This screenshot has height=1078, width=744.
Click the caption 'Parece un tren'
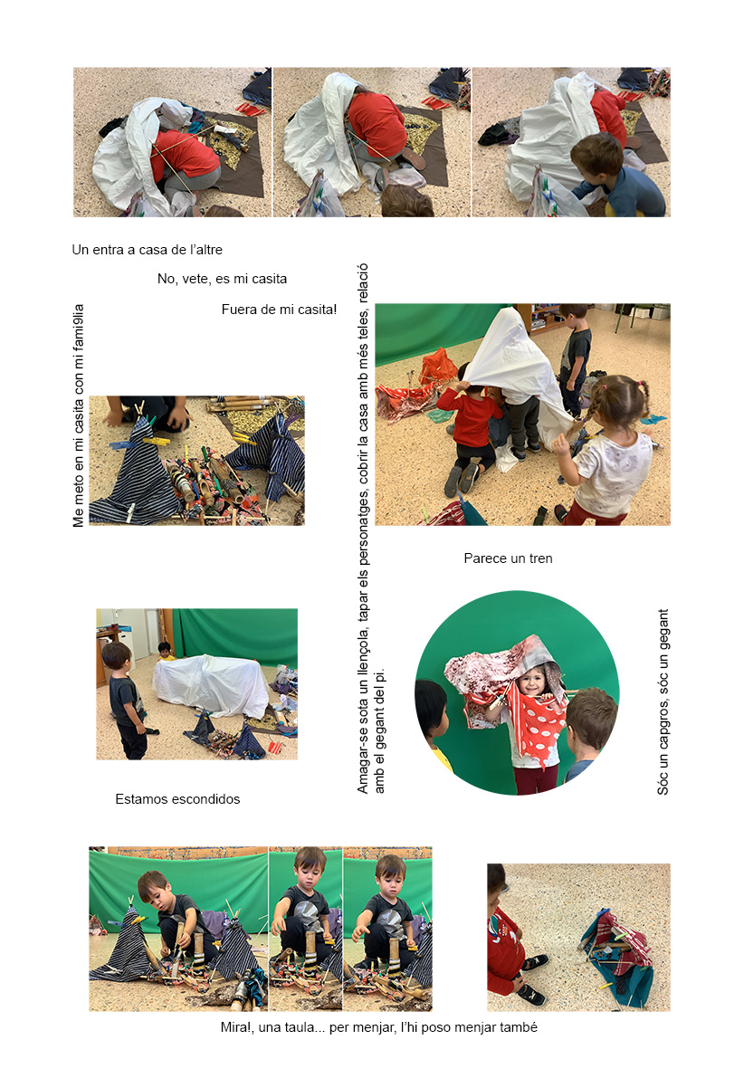pos(508,558)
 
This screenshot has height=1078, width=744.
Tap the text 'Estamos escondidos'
pos(177,799)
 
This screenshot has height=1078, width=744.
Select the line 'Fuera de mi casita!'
pos(279,310)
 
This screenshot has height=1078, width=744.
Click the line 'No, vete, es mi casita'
pos(222,279)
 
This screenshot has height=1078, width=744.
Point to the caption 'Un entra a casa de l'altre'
pos(148,250)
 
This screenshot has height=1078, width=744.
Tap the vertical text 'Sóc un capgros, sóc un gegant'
pos(663,702)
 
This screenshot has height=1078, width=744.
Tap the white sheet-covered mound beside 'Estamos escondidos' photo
pos(211,685)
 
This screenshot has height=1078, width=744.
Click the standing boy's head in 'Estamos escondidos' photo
pos(116,656)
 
